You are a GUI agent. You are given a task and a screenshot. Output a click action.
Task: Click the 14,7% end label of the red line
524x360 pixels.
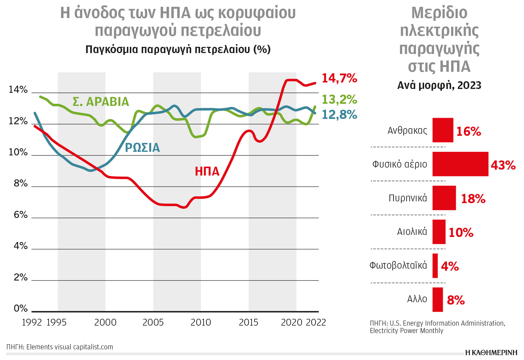point(339,78)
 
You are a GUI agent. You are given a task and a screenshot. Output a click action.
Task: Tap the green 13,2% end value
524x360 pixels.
point(339,99)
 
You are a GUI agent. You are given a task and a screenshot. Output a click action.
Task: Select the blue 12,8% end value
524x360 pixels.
point(339,115)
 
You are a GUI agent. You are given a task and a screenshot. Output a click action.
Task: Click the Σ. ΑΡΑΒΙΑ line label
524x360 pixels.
point(101,102)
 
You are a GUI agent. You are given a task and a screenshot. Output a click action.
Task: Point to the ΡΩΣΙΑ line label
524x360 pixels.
point(142,148)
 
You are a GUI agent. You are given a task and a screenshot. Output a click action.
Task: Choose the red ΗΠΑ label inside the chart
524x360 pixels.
point(207,171)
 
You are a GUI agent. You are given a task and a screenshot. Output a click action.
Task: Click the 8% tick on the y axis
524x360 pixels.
point(20,184)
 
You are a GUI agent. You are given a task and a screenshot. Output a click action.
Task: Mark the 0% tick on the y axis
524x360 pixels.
point(20,308)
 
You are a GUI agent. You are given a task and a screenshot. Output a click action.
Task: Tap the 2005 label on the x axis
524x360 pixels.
point(153,322)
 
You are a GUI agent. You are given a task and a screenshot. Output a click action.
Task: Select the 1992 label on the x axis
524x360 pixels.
point(32,322)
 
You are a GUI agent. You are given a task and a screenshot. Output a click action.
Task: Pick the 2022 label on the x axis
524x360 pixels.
point(316,322)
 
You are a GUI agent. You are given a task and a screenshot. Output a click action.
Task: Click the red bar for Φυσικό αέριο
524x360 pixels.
point(460,164)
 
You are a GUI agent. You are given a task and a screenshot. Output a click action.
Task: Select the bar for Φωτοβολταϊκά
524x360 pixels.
point(435,266)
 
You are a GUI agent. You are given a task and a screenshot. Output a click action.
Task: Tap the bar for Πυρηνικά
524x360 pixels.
point(444,198)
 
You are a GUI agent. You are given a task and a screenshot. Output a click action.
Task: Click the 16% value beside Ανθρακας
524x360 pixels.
point(468,131)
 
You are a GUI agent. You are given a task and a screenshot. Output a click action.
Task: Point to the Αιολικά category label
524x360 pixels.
point(412,232)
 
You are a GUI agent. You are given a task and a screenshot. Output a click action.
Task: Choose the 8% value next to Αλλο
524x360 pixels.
point(456,300)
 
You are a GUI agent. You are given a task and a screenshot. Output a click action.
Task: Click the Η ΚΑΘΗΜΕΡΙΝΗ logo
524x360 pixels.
point(491,352)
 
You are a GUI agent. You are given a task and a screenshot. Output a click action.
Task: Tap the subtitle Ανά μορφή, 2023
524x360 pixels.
point(439,85)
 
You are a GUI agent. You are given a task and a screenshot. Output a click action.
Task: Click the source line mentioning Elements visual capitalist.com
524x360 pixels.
point(60,347)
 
